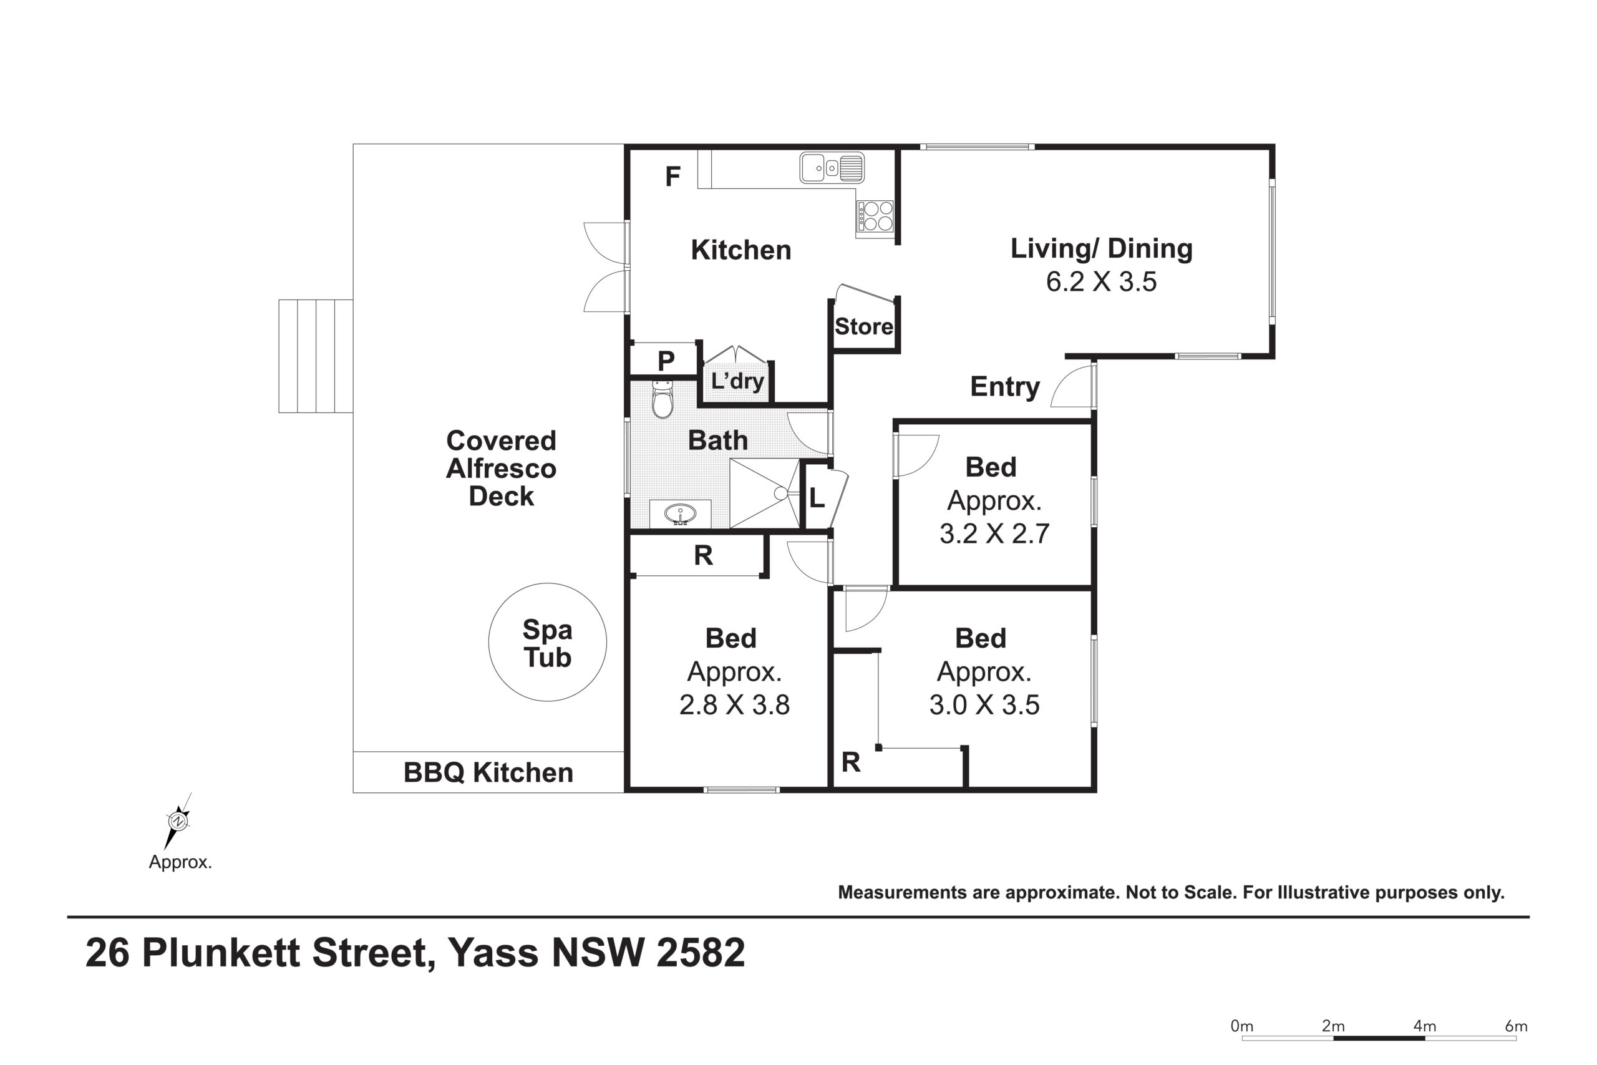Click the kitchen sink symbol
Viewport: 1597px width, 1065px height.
click(x=832, y=168)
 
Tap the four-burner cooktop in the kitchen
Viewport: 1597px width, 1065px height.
click(x=875, y=216)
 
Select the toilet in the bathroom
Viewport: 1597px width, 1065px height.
click(x=663, y=399)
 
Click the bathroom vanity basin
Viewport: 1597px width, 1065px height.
click(x=680, y=514)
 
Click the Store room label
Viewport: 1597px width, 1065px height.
click(x=863, y=327)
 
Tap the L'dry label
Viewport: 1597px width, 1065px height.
click(x=737, y=381)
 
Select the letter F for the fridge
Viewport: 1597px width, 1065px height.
click(x=673, y=177)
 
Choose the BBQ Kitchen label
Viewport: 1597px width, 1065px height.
click(x=488, y=773)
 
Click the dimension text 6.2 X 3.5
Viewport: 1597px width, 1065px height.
click(x=1101, y=282)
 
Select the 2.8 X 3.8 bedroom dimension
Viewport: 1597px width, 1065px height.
click(x=735, y=705)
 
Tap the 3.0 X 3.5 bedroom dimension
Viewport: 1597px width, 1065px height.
click(x=984, y=705)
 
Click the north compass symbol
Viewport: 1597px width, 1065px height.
click(x=178, y=821)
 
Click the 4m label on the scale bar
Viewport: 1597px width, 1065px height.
click(x=1425, y=1026)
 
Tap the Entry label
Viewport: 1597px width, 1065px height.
click(x=1005, y=386)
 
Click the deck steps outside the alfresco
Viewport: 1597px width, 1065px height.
click(x=316, y=356)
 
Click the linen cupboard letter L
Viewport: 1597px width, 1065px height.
click(x=817, y=498)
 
